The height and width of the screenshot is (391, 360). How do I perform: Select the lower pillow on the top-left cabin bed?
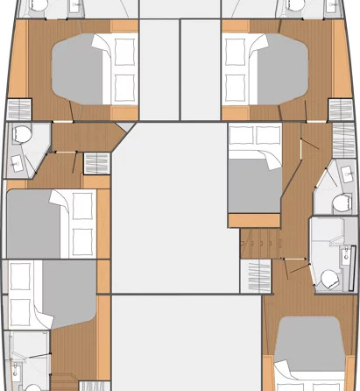coord(124,85)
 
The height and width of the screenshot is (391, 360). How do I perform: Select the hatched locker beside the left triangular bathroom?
coord(93,163)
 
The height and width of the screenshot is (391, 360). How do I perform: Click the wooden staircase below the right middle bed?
coord(258,240)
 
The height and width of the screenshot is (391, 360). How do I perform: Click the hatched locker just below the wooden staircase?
coord(257,272)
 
